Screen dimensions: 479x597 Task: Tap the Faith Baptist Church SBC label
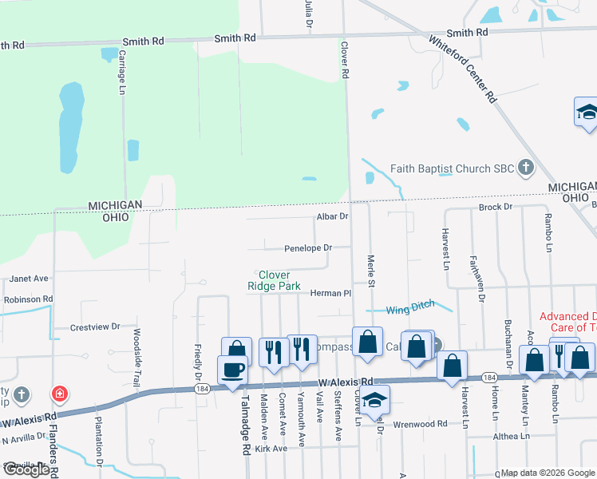coord(453,168)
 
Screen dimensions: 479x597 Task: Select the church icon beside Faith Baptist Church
coord(525,168)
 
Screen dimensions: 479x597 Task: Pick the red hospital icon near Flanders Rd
coord(59,394)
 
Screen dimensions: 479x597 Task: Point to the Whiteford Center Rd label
coord(463,69)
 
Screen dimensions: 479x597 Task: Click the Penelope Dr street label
coord(307,248)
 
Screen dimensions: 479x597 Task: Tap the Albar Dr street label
coord(333,216)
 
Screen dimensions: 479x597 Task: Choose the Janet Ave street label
coord(30,279)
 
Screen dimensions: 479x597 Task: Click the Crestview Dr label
coord(94,327)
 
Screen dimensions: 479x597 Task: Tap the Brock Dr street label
coord(495,207)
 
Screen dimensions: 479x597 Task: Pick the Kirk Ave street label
coord(271,449)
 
